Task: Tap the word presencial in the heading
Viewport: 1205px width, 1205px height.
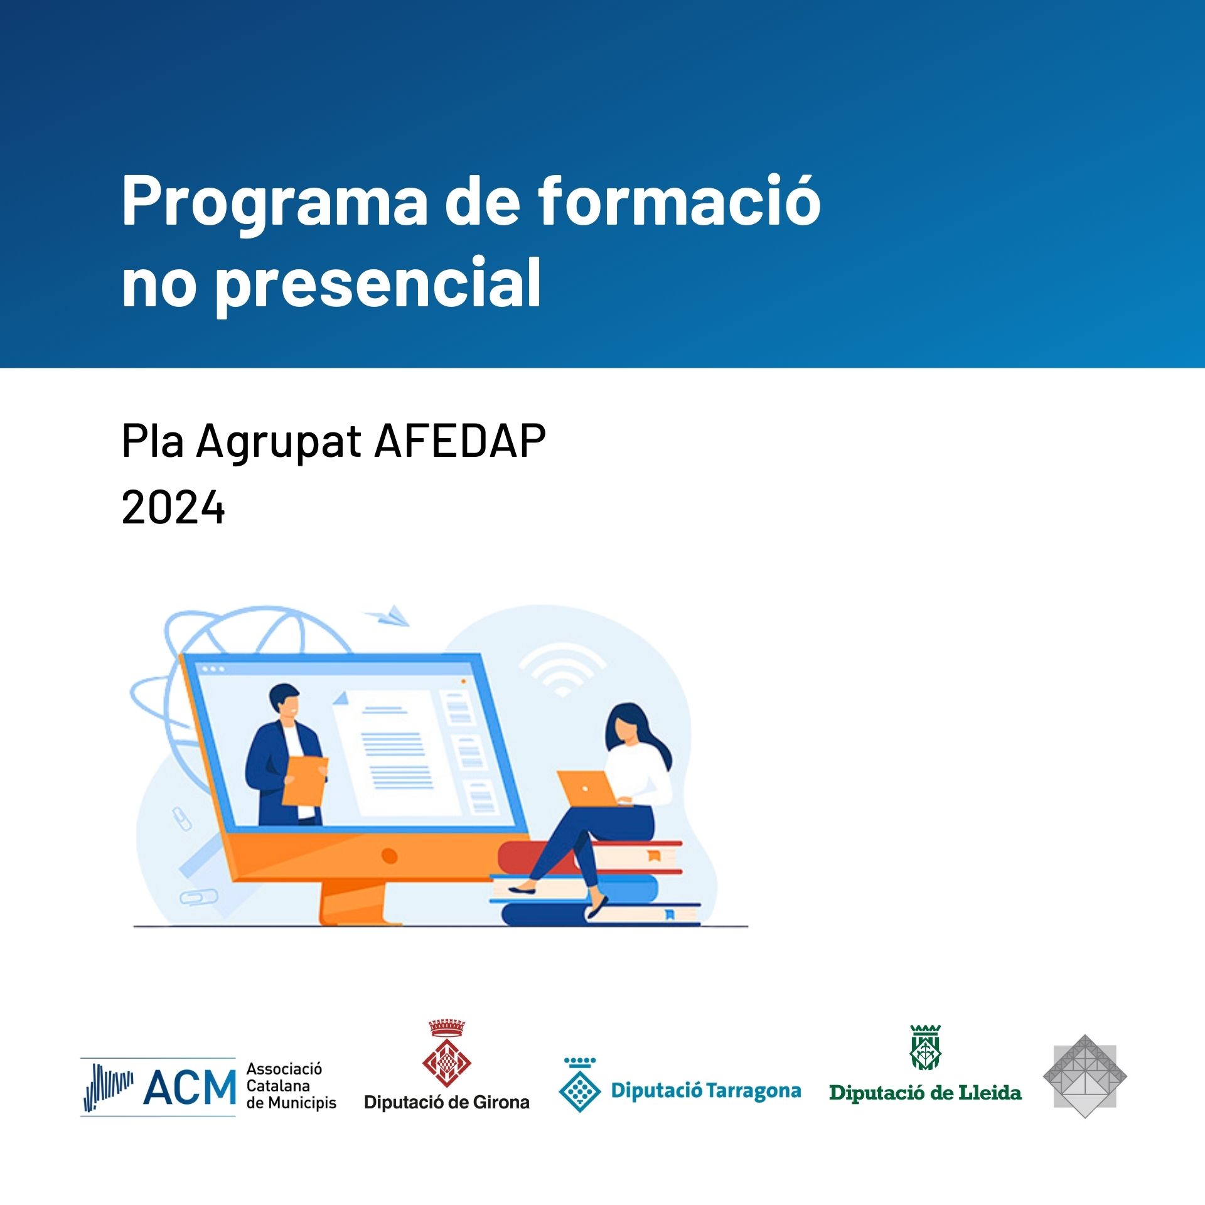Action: pos(378,284)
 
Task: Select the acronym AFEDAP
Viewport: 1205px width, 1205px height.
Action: pos(460,441)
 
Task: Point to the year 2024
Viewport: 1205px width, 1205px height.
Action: pos(173,507)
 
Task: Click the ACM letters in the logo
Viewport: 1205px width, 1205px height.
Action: pos(190,1087)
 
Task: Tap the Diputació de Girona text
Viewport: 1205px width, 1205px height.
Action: pos(447,1102)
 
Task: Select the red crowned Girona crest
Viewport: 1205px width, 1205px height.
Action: pos(447,1054)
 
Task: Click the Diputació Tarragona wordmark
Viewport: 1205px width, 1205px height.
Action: pos(706,1091)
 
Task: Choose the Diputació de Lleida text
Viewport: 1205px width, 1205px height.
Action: pos(925,1093)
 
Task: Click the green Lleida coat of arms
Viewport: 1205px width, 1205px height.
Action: pos(926,1047)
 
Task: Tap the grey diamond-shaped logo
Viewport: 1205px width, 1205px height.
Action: pos(1084,1076)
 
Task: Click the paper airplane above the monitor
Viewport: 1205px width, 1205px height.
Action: pos(387,615)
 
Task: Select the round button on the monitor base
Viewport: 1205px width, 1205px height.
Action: pos(389,855)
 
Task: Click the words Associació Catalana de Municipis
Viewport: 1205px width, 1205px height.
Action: pos(291,1086)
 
